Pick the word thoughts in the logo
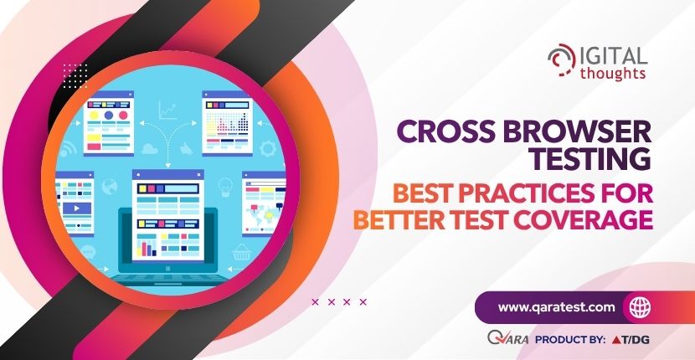[x=613, y=73]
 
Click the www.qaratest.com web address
[x=557, y=306]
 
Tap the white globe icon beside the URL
[x=640, y=307]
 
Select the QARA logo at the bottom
[x=508, y=339]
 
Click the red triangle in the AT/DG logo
[x=615, y=341]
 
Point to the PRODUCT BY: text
[x=570, y=340]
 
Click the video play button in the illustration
[x=77, y=208]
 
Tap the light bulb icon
[x=225, y=187]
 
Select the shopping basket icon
[x=241, y=252]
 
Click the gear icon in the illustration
[x=268, y=148]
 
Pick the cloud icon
[x=149, y=149]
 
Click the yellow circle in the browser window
[x=94, y=116]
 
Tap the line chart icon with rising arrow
[x=167, y=110]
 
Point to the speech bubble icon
[x=87, y=252]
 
